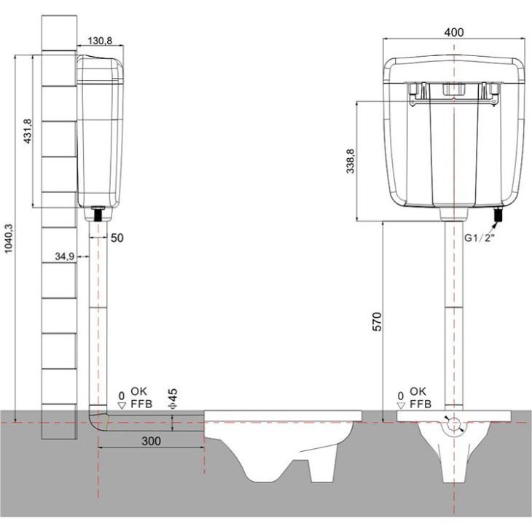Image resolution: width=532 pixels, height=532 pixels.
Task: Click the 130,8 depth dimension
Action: tap(100, 41)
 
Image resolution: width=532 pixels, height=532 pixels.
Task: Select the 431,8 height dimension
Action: tap(28, 131)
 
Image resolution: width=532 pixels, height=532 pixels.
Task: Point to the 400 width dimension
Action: tap(453, 32)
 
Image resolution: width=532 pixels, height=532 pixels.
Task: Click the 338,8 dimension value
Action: tap(350, 161)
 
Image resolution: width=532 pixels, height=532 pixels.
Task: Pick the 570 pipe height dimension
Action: tap(378, 321)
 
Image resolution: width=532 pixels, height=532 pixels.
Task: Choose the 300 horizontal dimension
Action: tap(151, 441)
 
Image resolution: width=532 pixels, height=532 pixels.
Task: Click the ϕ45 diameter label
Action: tap(173, 398)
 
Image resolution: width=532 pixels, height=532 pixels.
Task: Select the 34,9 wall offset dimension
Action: tap(64, 257)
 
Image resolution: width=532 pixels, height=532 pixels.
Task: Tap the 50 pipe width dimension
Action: tap(117, 238)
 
